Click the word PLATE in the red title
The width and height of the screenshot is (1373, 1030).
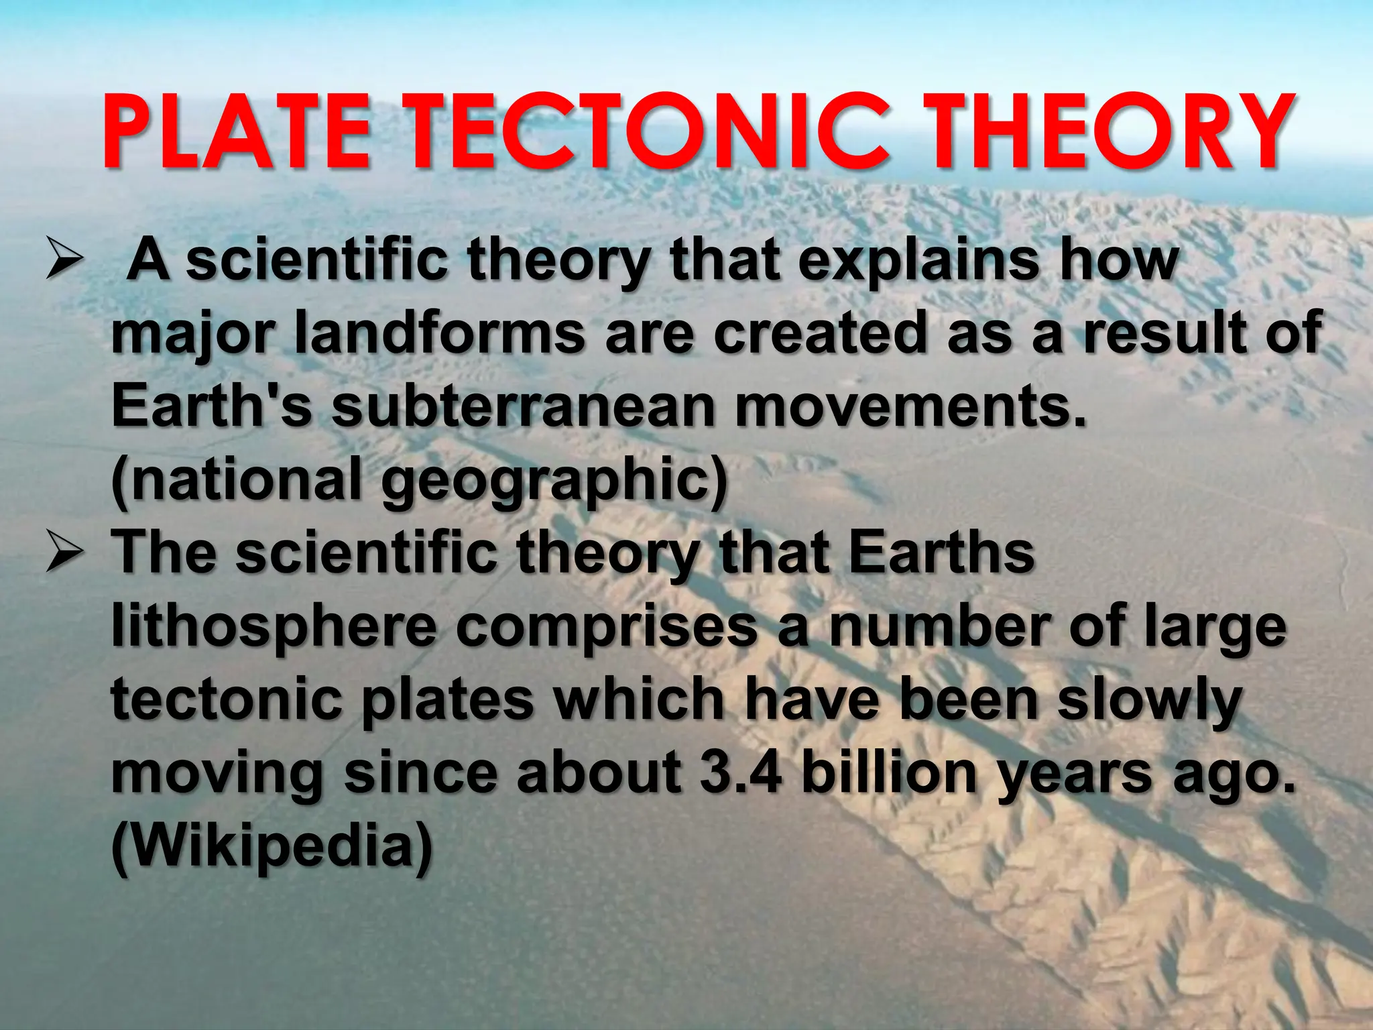click(236, 132)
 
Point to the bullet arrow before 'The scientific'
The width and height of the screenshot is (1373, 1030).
click(64, 555)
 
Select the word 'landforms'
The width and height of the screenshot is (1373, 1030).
click(440, 333)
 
